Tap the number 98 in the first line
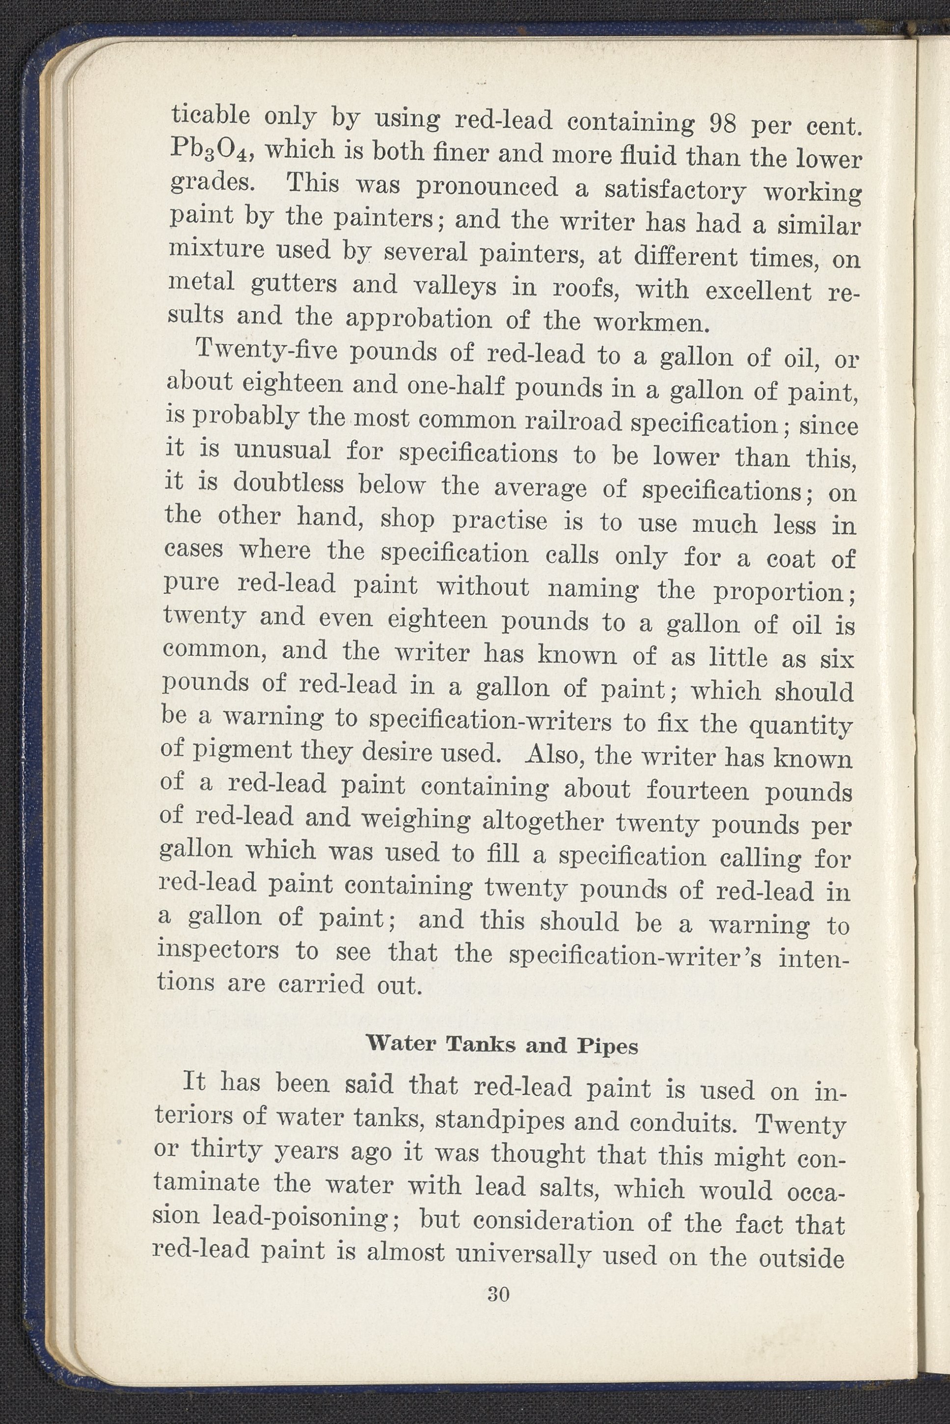722,124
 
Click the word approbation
418,319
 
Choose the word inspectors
218,950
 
